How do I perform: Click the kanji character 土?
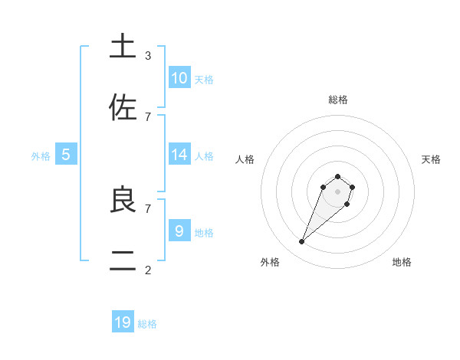click(123, 47)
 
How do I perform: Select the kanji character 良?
click(123, 199)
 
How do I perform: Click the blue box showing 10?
click(179, 78)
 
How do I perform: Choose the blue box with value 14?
click(179, 155)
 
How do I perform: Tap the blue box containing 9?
click(179, 231)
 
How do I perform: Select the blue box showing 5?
click(66, 155)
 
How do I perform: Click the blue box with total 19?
click(123, 322)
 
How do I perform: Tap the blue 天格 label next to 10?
click(203, 79)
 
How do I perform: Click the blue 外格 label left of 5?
click(41, 155)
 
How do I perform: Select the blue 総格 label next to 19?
click(147, 323)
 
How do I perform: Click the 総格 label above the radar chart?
click(337, 100)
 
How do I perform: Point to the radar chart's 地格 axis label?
click(402, 262)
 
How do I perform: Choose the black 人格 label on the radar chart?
click(245, 159)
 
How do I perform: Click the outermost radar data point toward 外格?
click(302, 242)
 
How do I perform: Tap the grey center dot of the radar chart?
click(337, 191)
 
